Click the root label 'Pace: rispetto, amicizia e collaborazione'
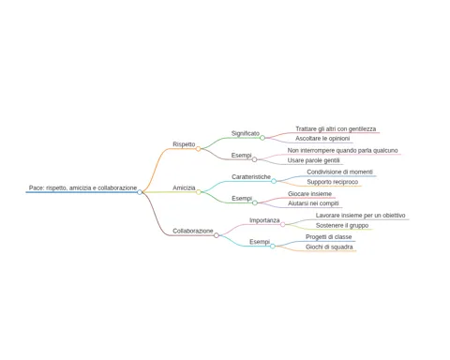[82, 187]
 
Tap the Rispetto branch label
[184, 144]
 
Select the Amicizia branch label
[184, 187]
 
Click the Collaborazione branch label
[193, 231]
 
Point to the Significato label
[246, 133]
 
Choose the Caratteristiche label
[251, 177]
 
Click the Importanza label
[264, 220]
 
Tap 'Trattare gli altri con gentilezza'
[336, 129]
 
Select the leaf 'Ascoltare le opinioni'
[322, 139]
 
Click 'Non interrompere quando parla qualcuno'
[343, 151]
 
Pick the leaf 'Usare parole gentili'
[314, 160]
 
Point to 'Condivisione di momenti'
[339, 172]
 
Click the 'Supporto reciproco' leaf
[333, 182]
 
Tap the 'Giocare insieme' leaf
[309, 194]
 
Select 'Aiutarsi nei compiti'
[313, 203]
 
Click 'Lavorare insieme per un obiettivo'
[361, 216]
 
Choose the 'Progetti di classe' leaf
[329, 237]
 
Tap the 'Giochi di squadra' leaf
[329, 247]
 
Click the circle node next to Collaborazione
[217, 235]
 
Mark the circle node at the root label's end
[140, 192]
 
